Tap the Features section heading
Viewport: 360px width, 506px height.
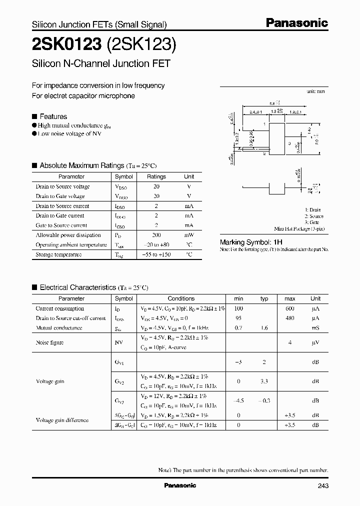(53, 116)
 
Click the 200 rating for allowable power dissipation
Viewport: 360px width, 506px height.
(156, 235)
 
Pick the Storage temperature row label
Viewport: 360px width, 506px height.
(58, 254)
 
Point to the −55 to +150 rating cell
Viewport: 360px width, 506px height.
(156, 254)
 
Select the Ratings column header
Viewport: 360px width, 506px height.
(156, 176)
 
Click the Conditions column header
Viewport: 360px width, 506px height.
(181, 298)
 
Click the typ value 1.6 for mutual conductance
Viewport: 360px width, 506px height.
(264, 328)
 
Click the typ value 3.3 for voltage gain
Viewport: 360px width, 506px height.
(264, 381)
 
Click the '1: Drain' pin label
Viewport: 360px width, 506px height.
(313, 210)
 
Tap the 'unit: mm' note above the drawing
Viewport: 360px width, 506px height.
(315, 92)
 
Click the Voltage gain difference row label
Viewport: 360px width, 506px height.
(62, 420)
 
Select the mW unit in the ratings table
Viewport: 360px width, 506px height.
(189, 235)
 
